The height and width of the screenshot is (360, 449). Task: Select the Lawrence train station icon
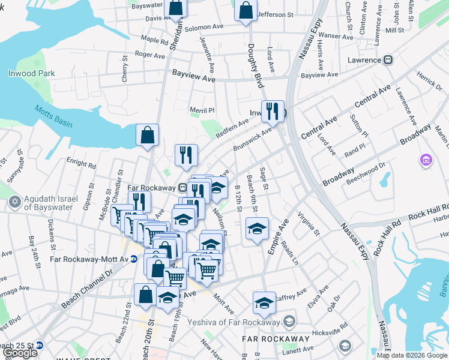[388, 60]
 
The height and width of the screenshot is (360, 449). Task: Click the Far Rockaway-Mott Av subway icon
[134, 259]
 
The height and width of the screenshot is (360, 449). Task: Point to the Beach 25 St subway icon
[40, 346]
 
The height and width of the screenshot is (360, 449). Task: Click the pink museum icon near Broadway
[426, 160]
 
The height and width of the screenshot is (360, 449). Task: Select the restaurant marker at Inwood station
[274, 110]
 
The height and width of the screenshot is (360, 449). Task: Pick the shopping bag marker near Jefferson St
[245, 11]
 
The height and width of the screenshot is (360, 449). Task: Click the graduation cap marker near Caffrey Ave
[264, 304]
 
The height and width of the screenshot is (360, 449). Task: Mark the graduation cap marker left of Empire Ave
[256, 229]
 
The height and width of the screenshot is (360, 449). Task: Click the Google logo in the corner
[20, 353]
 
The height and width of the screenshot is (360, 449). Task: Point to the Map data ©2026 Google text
[412, 355]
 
